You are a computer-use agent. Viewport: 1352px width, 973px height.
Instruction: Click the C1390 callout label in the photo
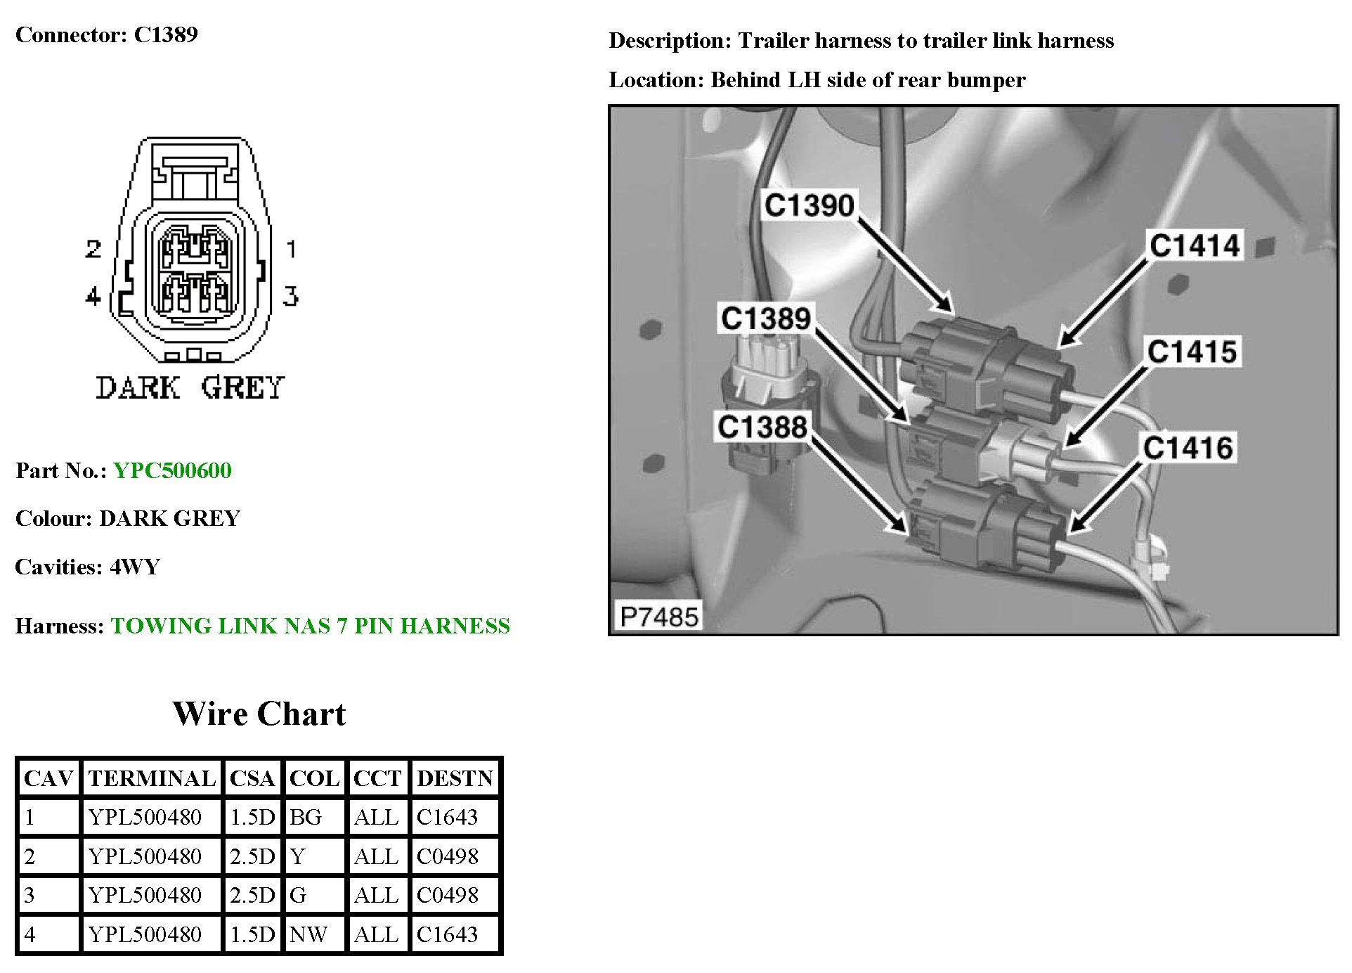point(809,205)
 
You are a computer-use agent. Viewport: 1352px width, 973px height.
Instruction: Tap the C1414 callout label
point(1195,245)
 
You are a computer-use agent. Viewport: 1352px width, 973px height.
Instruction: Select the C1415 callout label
point(1192,352)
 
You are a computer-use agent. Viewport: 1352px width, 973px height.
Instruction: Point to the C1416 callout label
point(1188,447)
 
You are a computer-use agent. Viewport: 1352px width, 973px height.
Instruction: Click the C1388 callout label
point(762,427)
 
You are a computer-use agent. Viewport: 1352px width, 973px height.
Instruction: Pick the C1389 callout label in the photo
point(765,318)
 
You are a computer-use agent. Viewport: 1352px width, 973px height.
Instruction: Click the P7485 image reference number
point(659,617)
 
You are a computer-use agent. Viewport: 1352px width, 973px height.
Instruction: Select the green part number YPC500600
point(172,470)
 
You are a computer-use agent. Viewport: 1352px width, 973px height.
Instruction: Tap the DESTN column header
point(455,778)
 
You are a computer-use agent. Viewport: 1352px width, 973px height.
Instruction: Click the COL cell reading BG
point(306,817)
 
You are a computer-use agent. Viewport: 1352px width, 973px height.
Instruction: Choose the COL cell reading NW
point(308,934)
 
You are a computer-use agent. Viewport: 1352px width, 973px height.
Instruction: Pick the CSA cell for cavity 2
point(252,856)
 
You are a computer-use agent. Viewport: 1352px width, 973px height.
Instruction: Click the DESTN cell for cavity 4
point(448,934)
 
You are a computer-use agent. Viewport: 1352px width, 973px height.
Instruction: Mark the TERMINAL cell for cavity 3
point(145,895)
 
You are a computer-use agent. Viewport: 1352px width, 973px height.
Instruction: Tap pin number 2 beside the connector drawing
point(93,249)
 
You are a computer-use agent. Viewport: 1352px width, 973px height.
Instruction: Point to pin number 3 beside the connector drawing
point(290,296)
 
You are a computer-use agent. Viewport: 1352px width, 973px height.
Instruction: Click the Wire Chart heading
point(259,714)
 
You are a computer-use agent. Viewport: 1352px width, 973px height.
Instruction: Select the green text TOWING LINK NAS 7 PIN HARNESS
point(310,626)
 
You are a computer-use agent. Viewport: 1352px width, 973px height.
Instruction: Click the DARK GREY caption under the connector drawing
point(190,387)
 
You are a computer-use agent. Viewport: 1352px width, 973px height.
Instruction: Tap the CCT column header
point(377,778)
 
